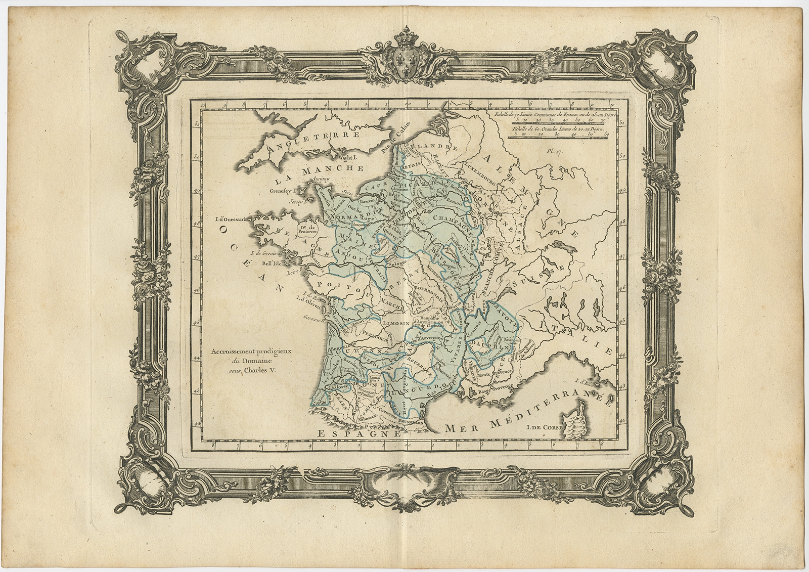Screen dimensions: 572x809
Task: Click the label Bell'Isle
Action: (272, 264)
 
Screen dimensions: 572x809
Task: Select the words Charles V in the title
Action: (261, 369)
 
